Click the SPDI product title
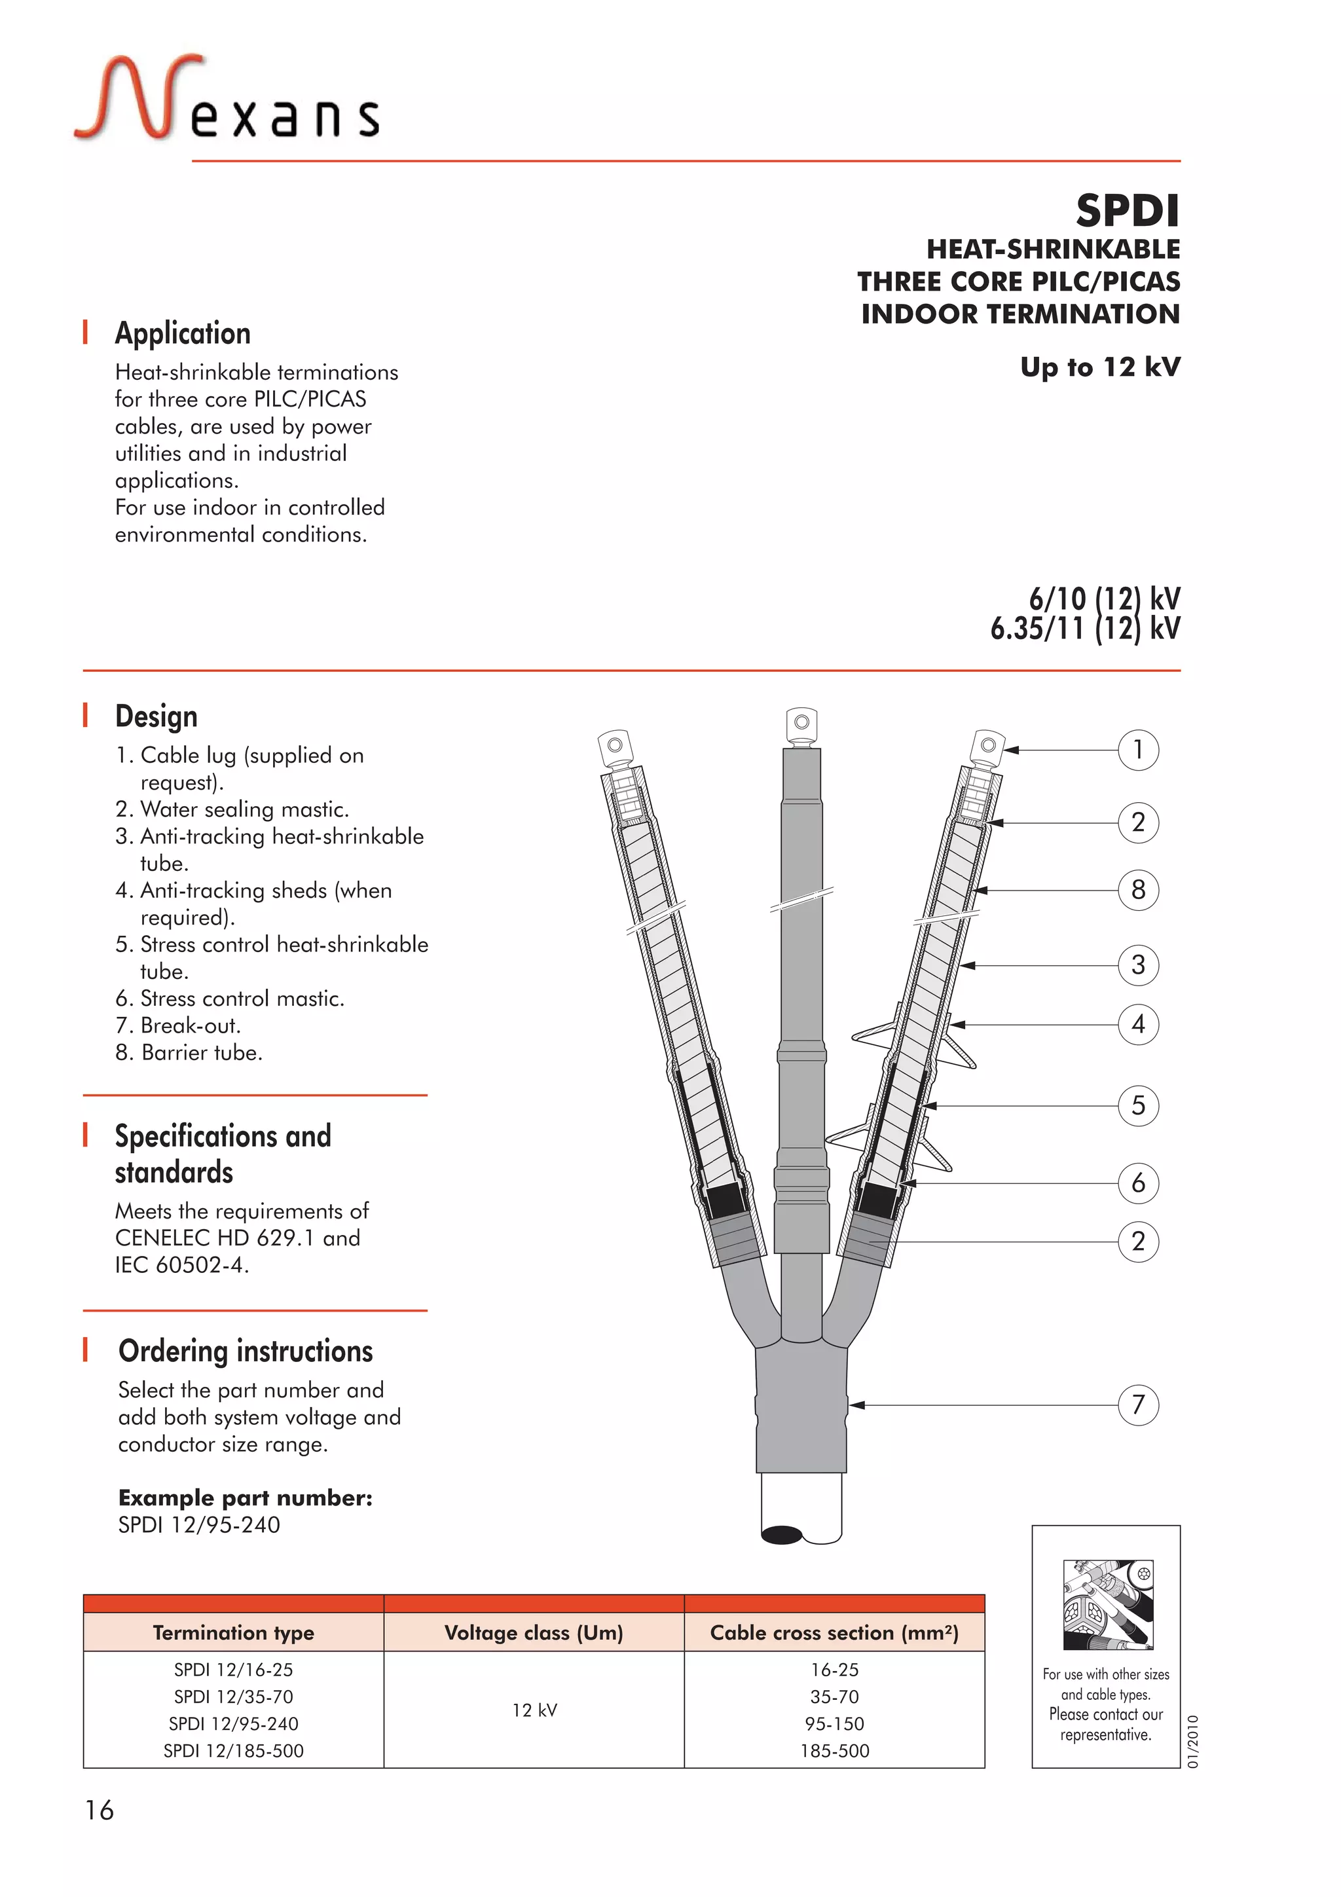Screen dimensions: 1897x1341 [1126, 211]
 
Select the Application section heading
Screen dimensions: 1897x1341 [183, 333]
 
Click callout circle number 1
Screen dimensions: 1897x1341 [1138, 750]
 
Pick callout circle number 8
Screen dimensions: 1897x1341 [1138, 891]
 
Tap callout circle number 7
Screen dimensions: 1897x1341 [1138, 1405]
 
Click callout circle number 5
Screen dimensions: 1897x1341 [1138, 1105]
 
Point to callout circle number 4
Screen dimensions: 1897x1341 [1138, 1025]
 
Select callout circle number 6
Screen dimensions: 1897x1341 [1138, 1183]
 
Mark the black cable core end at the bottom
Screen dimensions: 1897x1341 [781, 1535]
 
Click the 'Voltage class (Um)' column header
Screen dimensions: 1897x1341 [534, 1632]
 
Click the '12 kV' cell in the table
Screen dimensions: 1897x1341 [534, 1710]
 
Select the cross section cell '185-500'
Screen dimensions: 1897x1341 [834, 1751]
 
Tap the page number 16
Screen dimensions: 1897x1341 [99, 1811]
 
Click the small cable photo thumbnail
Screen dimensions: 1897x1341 [1107, 1604]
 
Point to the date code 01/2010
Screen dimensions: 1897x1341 [1192, 1742]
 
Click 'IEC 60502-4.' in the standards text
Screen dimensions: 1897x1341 [182, 1265]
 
